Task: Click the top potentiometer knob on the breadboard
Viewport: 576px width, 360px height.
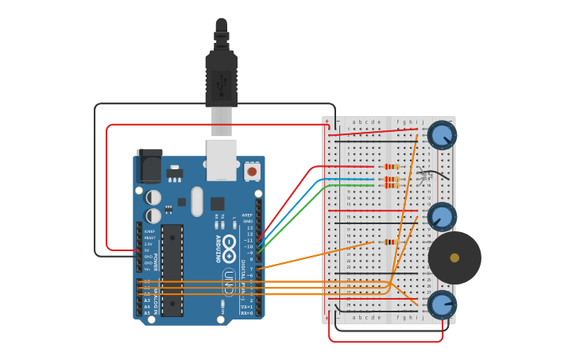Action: point(442,135)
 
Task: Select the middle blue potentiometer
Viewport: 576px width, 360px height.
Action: point(442,216)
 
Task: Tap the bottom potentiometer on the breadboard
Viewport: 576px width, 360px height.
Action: point(442,304)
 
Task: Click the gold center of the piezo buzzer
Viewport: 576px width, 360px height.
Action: point(454,257)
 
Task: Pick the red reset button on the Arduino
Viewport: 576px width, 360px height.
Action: point(252,171)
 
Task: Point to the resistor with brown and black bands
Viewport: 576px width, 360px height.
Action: point(389,242)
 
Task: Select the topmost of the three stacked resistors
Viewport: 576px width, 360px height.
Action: point(391,167)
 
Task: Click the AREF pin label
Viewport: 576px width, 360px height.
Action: point(248,215)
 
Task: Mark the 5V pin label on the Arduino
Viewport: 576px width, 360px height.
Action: point(148,250)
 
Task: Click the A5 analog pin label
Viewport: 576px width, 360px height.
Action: point(146,313)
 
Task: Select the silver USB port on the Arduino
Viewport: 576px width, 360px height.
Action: point(221,157)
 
